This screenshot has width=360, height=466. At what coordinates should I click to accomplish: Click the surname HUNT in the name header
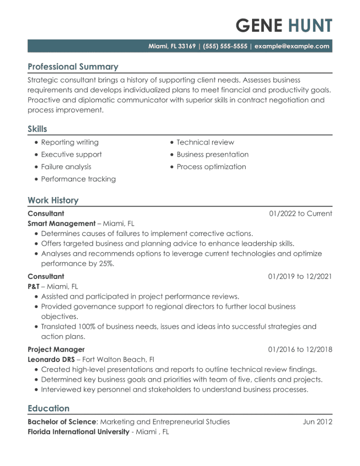(x=310, y=26)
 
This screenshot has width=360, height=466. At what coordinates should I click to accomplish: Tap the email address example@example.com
(x=292, y=46)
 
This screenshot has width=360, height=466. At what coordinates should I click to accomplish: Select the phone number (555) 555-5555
(x=223, y=46)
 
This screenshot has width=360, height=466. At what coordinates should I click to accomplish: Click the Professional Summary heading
(x=73, y=67)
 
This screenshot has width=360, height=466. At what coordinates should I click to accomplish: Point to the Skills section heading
(x=37, y=129)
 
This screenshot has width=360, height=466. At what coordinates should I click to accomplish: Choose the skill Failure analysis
(x=66, y=167)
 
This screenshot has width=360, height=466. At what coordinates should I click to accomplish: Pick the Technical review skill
(x=205, y=142)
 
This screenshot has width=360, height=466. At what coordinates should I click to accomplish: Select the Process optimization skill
(x=211, y=167)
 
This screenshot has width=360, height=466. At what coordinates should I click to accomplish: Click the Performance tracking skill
(x=79, y=179)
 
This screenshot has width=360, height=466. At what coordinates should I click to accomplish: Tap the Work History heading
(x=53, y=200)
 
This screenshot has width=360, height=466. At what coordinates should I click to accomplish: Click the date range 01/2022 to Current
(x=301, y=213)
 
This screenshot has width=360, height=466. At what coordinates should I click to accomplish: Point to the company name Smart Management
(x=61, y=224)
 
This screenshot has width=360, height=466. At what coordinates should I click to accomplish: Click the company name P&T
(x=33, y=286)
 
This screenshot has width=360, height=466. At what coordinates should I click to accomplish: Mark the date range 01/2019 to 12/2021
(x=300, y=276)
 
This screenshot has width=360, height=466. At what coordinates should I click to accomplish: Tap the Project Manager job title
(x=56, y=349)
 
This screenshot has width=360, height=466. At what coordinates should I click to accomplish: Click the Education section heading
(x=49, y=408)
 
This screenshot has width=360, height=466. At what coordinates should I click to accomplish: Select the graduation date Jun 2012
(x=317, y=422)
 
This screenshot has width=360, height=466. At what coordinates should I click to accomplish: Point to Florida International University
(x=78, y=432)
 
